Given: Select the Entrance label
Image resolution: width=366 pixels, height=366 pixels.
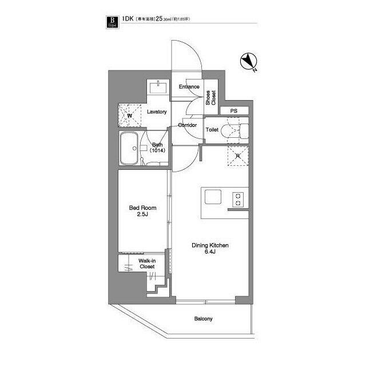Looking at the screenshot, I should pos(189,87).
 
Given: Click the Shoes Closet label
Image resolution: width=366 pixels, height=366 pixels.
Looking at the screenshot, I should pos(210,98).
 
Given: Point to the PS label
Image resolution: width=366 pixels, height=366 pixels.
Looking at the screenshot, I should pos(233,110).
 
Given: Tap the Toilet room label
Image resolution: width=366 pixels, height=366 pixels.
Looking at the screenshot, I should pos(212,130).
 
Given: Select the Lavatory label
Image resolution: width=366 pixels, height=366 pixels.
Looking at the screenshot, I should pos(156,112).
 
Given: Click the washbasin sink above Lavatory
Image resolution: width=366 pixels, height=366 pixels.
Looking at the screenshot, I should pos(158,87).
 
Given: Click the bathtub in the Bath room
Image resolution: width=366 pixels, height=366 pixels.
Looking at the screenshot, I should pos(130,148).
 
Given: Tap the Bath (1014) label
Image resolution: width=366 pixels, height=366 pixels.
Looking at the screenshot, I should pos(157,148).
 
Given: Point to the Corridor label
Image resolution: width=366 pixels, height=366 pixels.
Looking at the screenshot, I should pos(188,125).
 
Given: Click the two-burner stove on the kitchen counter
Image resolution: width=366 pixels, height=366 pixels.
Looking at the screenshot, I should pos(237,199).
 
